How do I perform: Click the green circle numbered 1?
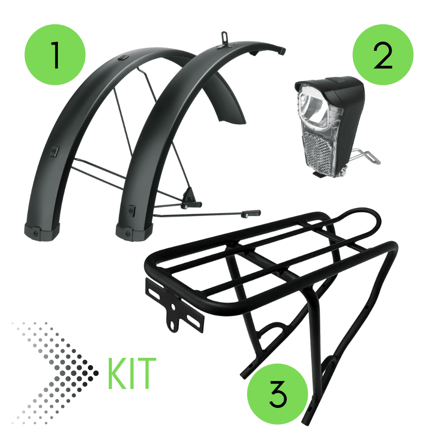55,55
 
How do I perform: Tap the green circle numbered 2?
383,55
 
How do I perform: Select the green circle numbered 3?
278,394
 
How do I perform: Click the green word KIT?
132,373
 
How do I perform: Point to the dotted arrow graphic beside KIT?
55,373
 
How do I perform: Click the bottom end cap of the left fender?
42,231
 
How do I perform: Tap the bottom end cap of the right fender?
134,232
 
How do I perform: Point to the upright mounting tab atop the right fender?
225,38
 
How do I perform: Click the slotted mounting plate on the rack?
175,306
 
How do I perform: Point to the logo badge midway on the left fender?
54,151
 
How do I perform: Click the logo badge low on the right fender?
132,211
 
